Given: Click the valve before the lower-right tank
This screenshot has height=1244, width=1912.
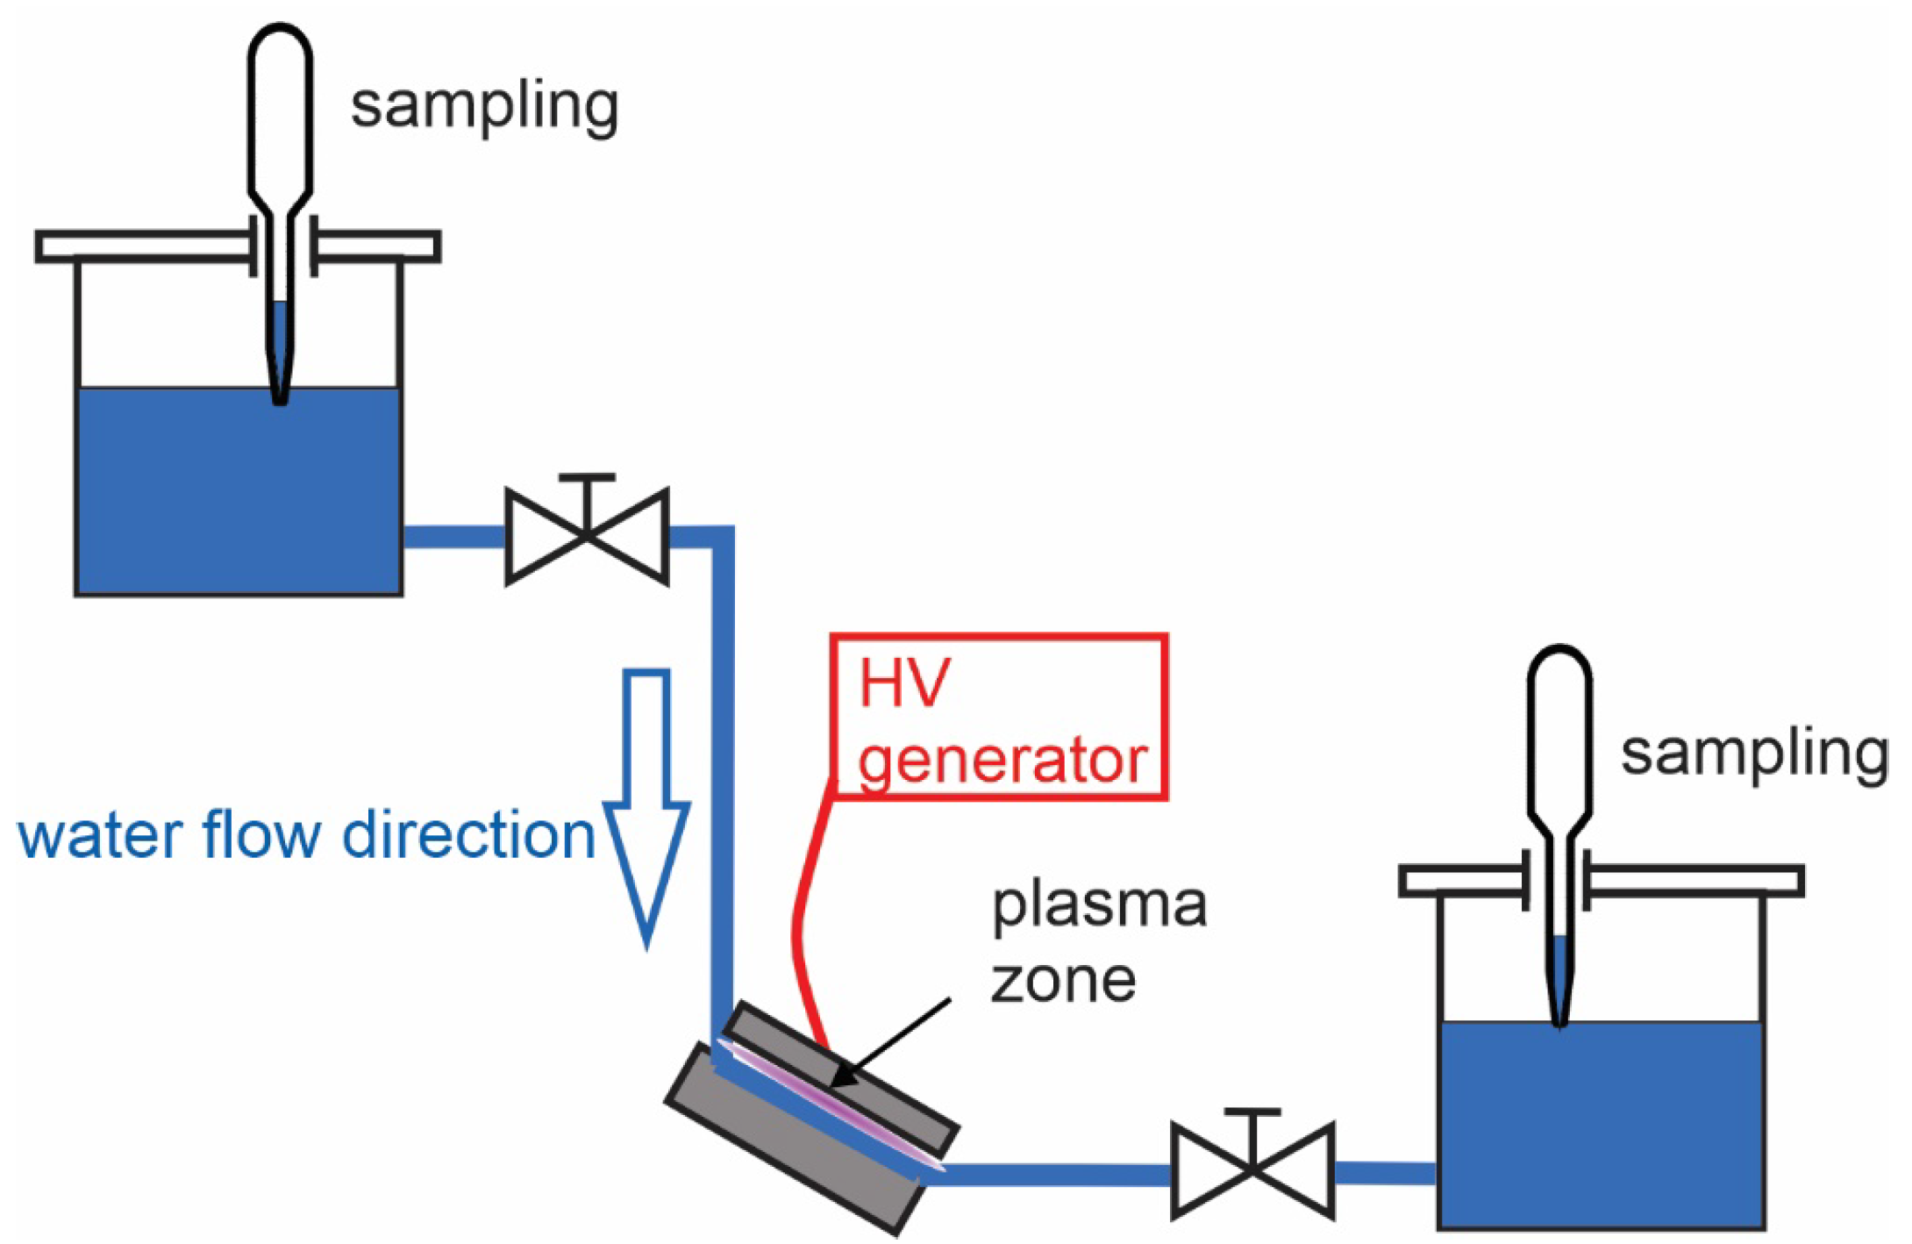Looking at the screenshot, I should click(1252, 1169).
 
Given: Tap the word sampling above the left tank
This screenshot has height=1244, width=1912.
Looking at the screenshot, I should click(484, 107).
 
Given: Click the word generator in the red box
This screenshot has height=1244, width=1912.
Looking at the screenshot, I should click(1002, 761).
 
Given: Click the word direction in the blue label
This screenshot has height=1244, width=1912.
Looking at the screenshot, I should click(469, 834).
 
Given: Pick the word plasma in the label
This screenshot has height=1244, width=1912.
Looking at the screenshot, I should click(1099, 907).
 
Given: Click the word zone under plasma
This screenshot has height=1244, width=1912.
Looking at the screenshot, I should click(1063, 980).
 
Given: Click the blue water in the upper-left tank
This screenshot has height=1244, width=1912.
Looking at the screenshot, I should click(238, 491).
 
